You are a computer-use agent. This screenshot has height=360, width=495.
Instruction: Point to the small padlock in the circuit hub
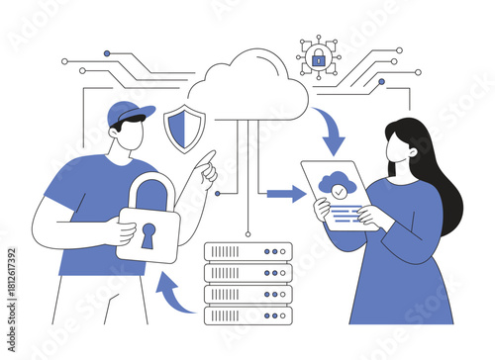pyautogui.click(x=318, y=59)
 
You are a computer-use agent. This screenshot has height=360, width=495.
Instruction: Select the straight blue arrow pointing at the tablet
pyautogui.click(x=286, y=194)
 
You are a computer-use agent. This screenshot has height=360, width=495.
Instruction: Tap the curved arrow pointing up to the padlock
pyautogui.click(x=175, y=293)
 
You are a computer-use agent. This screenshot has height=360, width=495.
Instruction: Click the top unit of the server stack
pyautogui.click(x=247, y=251)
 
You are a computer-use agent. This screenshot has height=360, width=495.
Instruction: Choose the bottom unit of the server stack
pyautogui.click(x=247, y=315)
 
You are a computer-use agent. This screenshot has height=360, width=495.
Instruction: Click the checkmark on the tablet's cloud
pyautogui.click(x=340, y=184)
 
